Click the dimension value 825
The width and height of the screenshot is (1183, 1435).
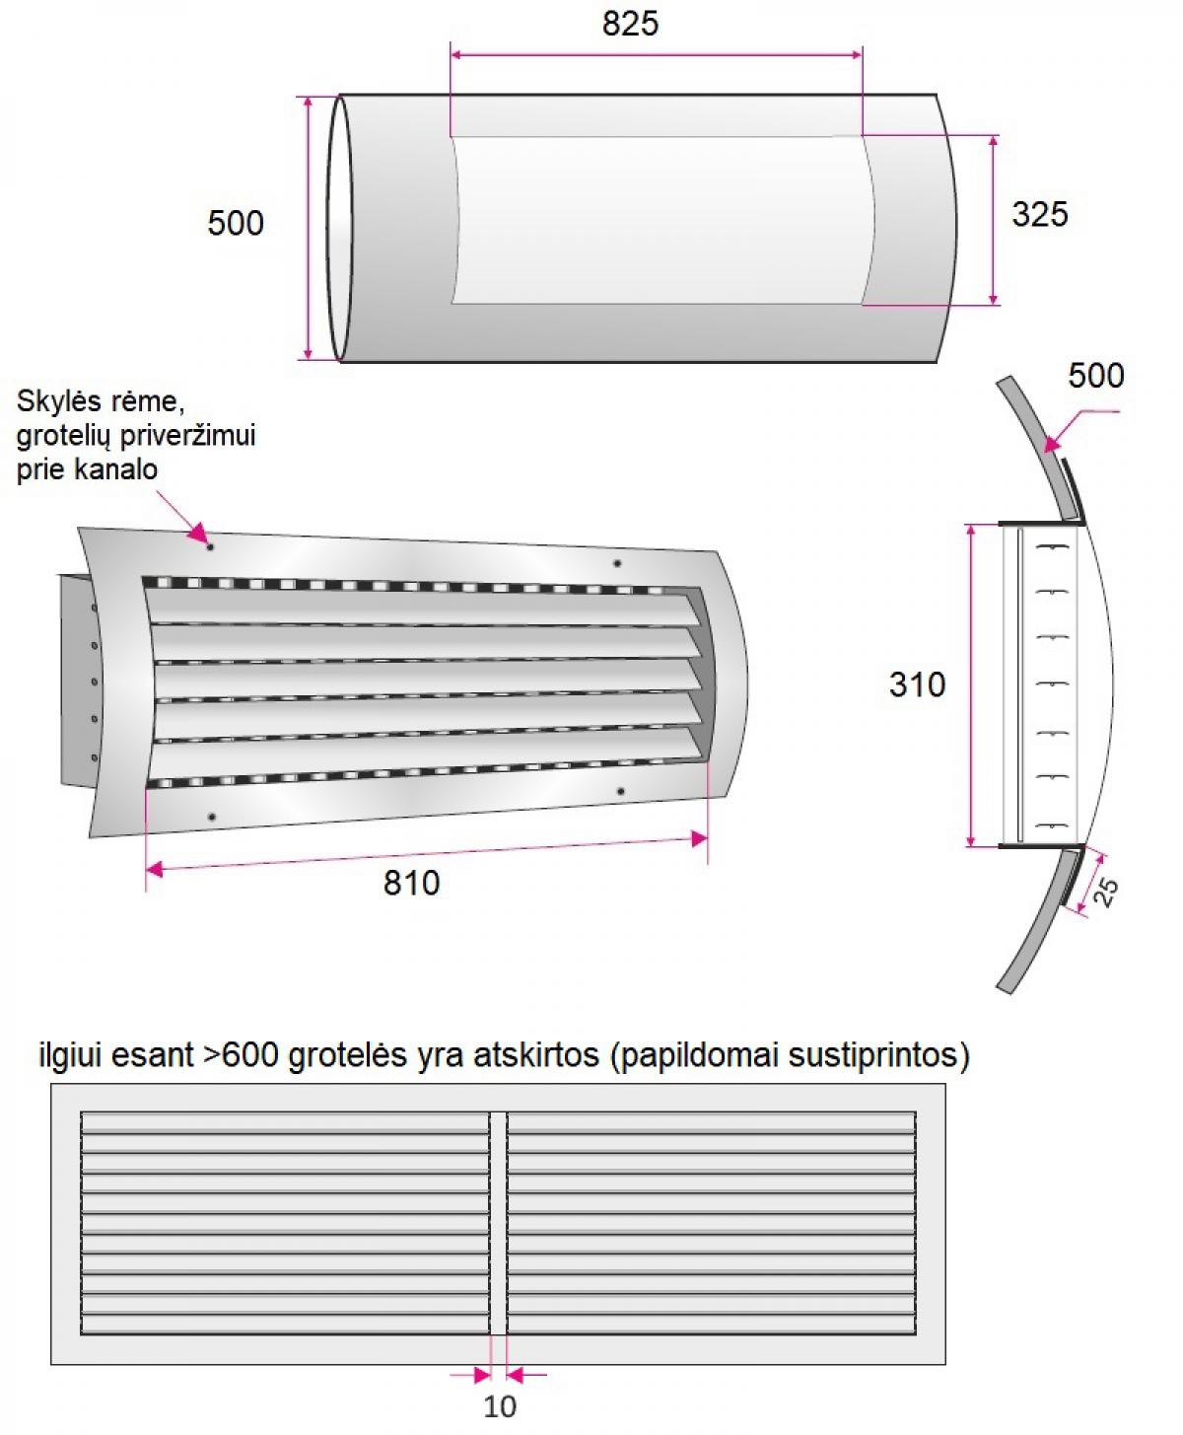[x=630, y=25]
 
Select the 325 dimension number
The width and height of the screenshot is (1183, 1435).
[x=1039, y=214]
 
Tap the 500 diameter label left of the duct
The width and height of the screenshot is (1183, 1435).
[x=236, y=223]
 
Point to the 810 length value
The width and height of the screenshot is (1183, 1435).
[x=411, y=883]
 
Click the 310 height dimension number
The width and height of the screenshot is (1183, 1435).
[x=917, y=685]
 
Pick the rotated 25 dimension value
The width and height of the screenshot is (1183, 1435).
[x=1105, y=894]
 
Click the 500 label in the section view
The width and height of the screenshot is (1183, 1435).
[x=1095, y=376]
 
